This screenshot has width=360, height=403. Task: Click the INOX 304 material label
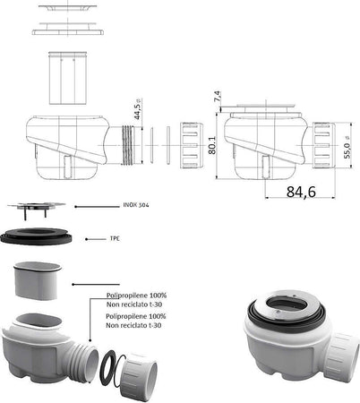point(137,206)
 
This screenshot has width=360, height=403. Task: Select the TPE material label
point(116,239)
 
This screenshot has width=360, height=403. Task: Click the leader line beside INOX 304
point(99,206)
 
